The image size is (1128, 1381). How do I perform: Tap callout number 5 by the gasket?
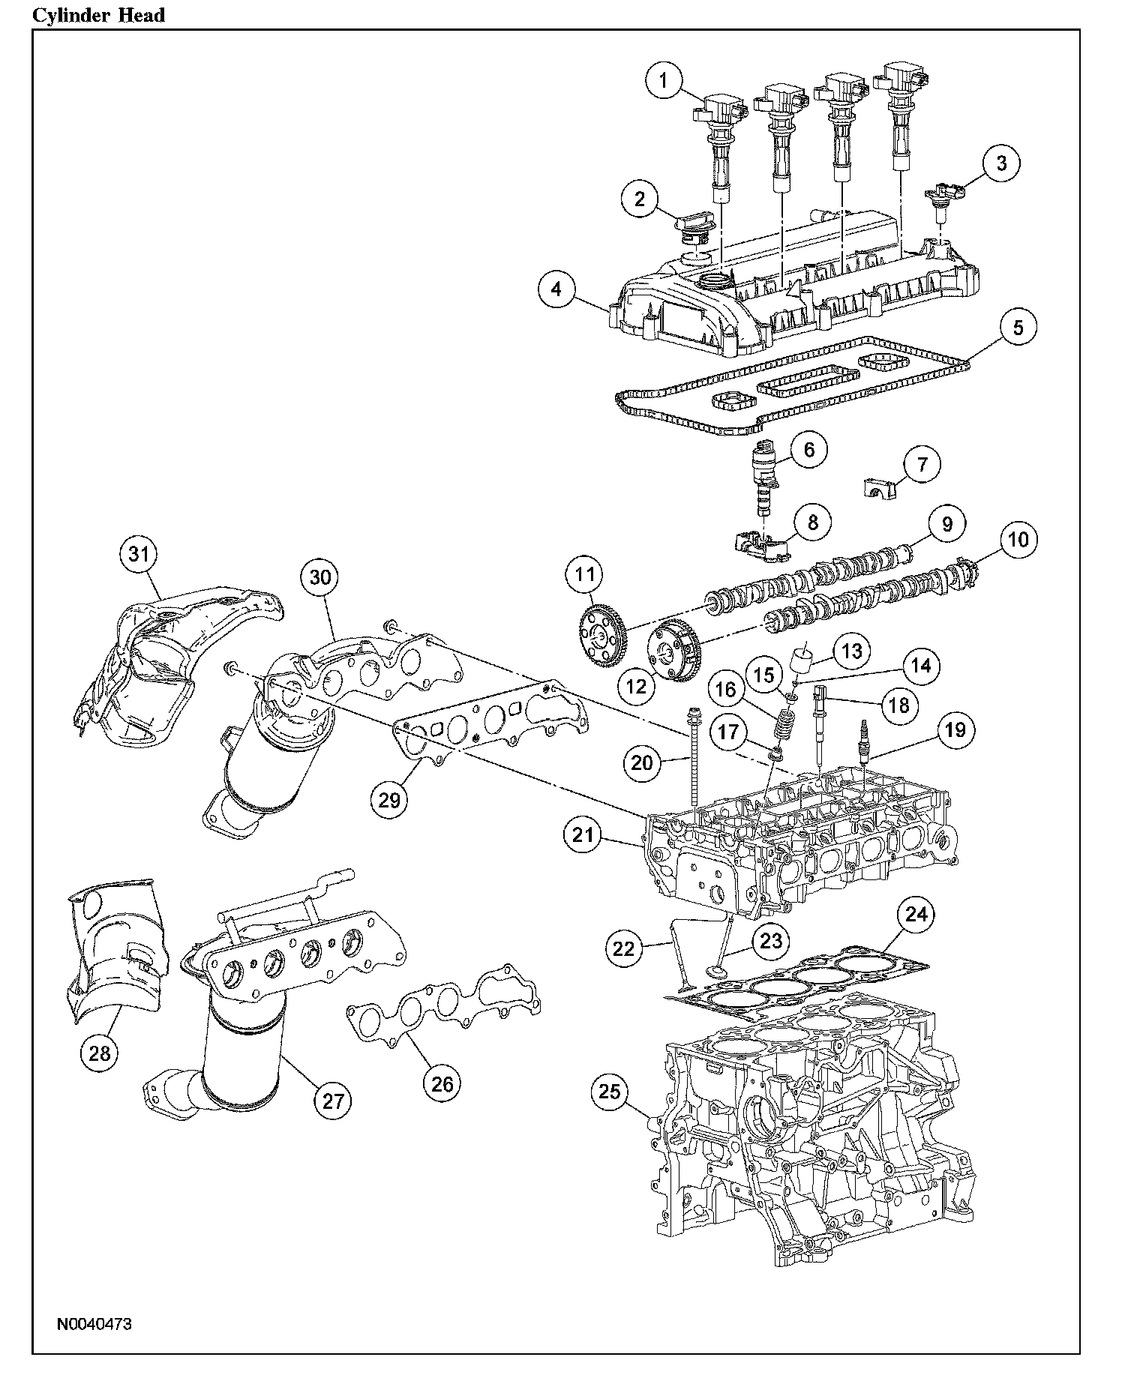coord(1018,327)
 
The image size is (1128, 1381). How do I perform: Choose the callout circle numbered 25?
coord(610,1092)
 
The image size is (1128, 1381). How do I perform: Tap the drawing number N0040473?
coord(94,1324)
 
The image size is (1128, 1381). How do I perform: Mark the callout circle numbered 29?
coord(389,799)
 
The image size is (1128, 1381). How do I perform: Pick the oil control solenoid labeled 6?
coord(763,478)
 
